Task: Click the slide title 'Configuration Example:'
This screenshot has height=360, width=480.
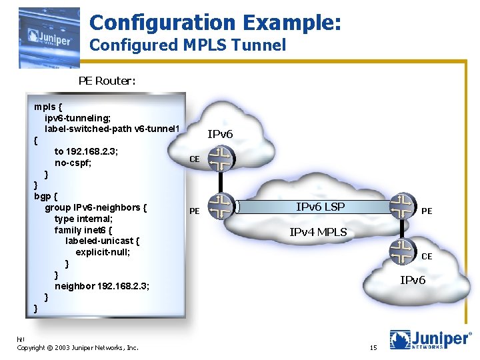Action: pos(215,22)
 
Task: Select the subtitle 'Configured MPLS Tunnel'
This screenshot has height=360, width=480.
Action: pos(187,45)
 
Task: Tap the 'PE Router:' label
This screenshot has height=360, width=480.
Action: pos(107,81)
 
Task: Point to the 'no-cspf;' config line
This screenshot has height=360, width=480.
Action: pos(77,163)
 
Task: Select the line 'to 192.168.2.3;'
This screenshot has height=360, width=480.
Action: pos(86,151)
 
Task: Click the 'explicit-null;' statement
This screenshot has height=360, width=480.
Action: pos(103,253)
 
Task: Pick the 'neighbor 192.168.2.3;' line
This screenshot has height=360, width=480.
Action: pos(101,286)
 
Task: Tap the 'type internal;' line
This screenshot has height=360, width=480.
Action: pos(83,219)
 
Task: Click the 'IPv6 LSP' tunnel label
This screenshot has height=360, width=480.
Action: pos(320,207)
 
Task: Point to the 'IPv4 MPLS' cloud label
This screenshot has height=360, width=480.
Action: pos(318,232)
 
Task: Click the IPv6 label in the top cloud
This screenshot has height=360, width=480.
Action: pos(220,134)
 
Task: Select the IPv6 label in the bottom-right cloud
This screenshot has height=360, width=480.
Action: pos(413,280)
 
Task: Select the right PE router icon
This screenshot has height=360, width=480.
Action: pos(402,205)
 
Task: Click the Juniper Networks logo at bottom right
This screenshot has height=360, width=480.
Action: pos(430,339)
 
